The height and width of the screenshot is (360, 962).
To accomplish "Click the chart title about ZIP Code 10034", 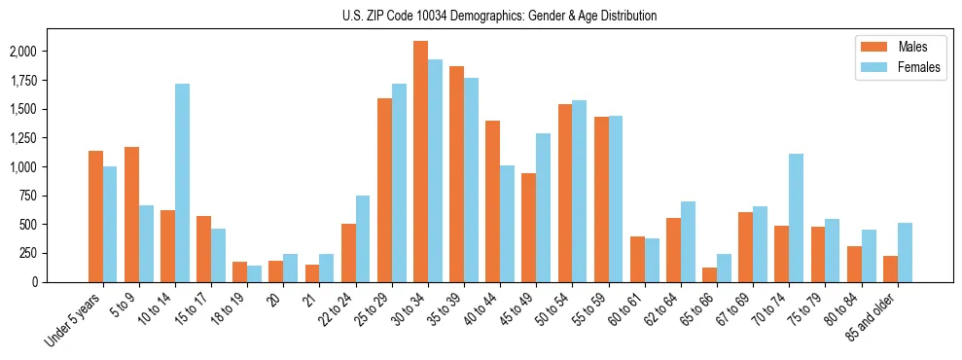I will point(499,16).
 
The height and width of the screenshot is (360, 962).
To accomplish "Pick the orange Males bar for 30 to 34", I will point(420,162).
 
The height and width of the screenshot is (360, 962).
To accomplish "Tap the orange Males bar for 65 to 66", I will point(709,274).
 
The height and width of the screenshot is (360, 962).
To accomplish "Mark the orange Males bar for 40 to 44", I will point(492,201).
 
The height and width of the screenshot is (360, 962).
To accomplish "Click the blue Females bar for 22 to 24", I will point(363,238).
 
